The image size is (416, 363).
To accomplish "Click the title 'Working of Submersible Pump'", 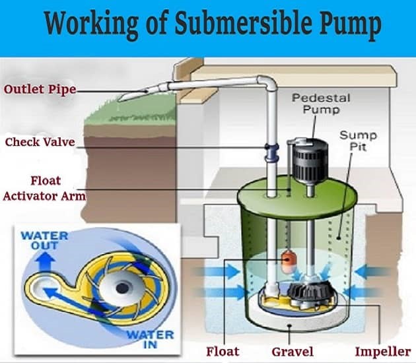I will point(213,25).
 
